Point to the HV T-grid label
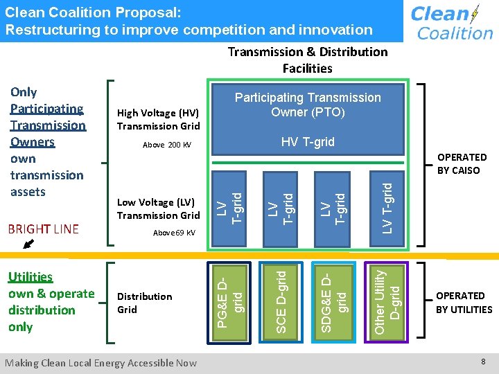coord(308,142)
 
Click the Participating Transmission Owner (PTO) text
coord(308,105)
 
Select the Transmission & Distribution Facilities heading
coord(308,60)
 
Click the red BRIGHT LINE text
coord(44,229)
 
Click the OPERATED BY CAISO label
coord(461,163)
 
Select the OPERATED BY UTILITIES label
coord(464,303)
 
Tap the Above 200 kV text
coord(166,145)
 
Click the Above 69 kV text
coord(174,233)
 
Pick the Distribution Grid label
coord(144,303)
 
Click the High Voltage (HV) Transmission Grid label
coord(158,119)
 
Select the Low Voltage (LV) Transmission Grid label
coord(158,208)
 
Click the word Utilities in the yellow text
coord(30,277)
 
